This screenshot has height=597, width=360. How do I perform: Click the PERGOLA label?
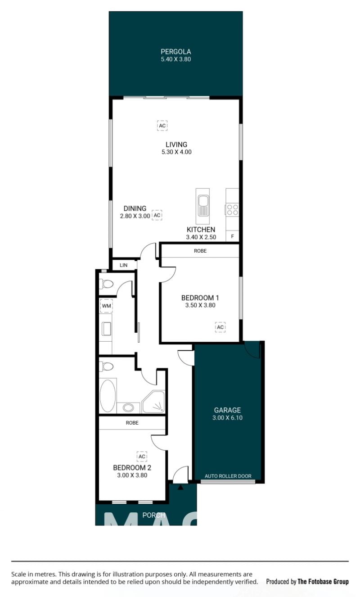point(175,51)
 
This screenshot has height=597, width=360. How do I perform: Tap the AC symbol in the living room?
point(162,126)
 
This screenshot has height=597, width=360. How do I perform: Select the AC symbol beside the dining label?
point(157,215)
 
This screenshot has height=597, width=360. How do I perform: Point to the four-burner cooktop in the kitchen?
point(232,210)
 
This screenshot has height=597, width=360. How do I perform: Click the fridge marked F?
point(232,236)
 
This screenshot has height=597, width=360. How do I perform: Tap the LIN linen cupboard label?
point(123,265)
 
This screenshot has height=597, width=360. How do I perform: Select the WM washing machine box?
point(106,306)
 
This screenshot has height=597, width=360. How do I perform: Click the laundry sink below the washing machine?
point(107,329)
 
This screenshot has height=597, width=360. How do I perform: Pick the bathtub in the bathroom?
point(108,396)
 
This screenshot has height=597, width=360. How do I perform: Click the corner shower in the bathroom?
point(153,402)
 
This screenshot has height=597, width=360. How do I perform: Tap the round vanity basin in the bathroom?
point(128,407)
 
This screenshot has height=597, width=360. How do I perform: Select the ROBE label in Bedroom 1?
point(200,251)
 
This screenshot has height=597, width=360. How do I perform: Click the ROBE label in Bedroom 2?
point(132,423)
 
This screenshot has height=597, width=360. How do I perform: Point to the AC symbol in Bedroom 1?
point(220,327)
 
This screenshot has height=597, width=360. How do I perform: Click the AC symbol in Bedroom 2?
point(142,457)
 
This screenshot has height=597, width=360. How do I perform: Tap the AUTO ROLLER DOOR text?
point(228,476)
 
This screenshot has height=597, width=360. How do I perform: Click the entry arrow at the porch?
point(180,488)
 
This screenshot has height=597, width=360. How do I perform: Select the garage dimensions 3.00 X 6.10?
point(227,418)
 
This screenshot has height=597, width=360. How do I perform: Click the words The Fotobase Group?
point(323,582)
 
